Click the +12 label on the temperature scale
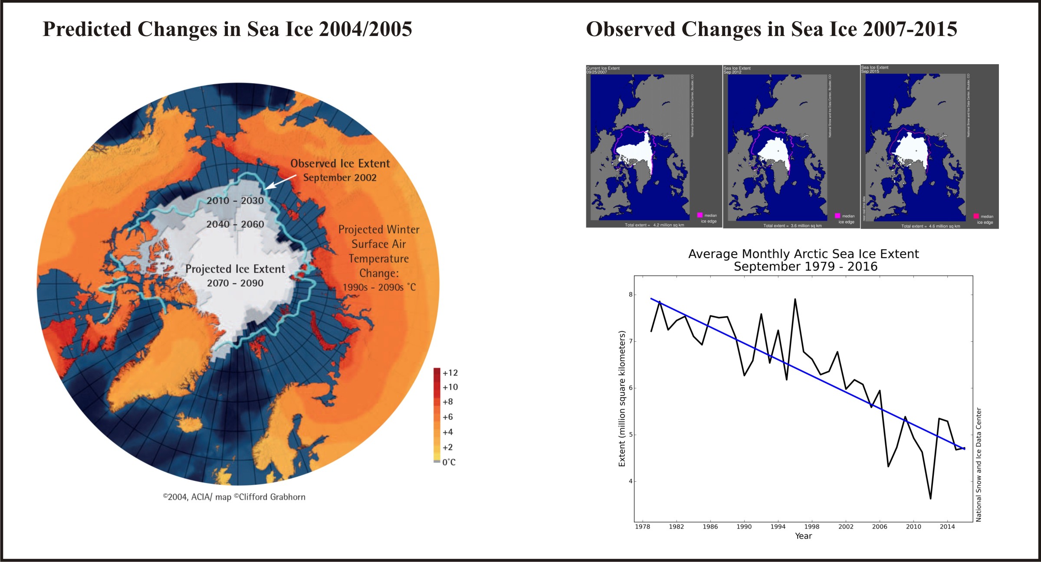(450, 373)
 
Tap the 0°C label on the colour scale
(449, 462)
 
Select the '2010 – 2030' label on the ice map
(235, 201)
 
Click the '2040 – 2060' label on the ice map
(235, 224)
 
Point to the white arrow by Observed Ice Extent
(280, 182)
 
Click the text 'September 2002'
(340, 178)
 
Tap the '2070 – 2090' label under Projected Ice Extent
(235, 283)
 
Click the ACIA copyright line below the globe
(234, 497)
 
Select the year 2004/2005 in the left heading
(365, 29)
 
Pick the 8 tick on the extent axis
(631, 295)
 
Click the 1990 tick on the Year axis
(744, 527)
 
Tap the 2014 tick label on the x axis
(947, 527)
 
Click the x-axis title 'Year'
(803, 536)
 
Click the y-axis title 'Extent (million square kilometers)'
(622, 399)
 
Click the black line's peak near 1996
(795, 299)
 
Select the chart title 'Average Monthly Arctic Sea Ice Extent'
(803, 254)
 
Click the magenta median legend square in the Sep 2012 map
(837, 216)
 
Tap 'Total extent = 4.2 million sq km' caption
(654, 225)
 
